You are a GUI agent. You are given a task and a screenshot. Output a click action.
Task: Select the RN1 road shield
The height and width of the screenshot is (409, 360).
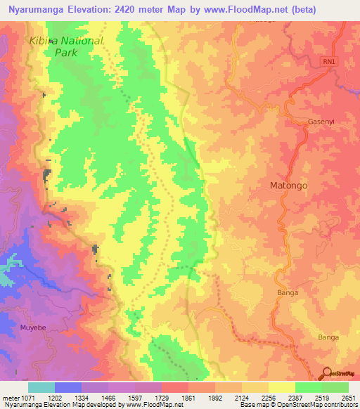(x=329, y=62)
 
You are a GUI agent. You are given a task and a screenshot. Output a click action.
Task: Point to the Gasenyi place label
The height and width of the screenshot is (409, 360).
(x=321, y=122)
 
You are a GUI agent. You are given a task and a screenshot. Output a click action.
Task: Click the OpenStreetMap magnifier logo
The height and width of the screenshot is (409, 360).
(x=326, y=373)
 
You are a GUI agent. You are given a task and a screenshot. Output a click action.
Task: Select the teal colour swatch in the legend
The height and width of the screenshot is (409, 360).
(x=41, y=387)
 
